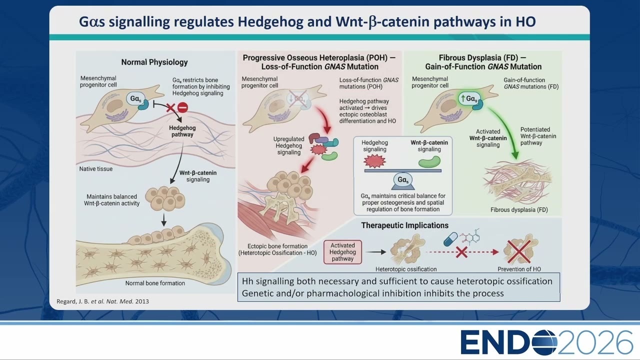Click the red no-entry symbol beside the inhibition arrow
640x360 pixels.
pyautogui.click(x=183, y=107)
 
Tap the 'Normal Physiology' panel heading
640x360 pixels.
pyautogui.click(x=154, y=62)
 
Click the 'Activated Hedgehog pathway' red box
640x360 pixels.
pyautogui.click(x=342, y=252)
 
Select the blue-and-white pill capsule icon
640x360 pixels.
pyautogui.click(x=450, y=239)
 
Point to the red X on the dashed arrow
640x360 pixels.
pyautogui.click(x=461, y=252)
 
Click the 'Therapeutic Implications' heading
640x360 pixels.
pyautogui.click(x=404, y=225)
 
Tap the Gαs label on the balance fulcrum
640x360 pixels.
pyautogui.click(x=403, y=179)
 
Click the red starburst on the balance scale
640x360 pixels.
pyautogui.click(x=374, y=161)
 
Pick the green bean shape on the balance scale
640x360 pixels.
pyautogui.click(x=429, y=161)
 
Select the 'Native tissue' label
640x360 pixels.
pyautogui.click(x=95, y=169)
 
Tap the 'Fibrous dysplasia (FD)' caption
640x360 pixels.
pyautogui.click(x=519, y=209)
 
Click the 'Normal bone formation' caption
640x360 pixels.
pyautogui.click(x=155, y=283)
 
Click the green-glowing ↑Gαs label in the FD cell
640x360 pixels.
pyautogui.click(x=469, y=99)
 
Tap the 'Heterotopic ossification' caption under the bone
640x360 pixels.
pyautogui.click(x=406, y=269)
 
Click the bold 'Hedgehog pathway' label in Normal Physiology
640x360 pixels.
pyautogui.click(x=182, y=131)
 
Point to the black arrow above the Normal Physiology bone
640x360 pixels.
pyautogui.click(x=163, y=220)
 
